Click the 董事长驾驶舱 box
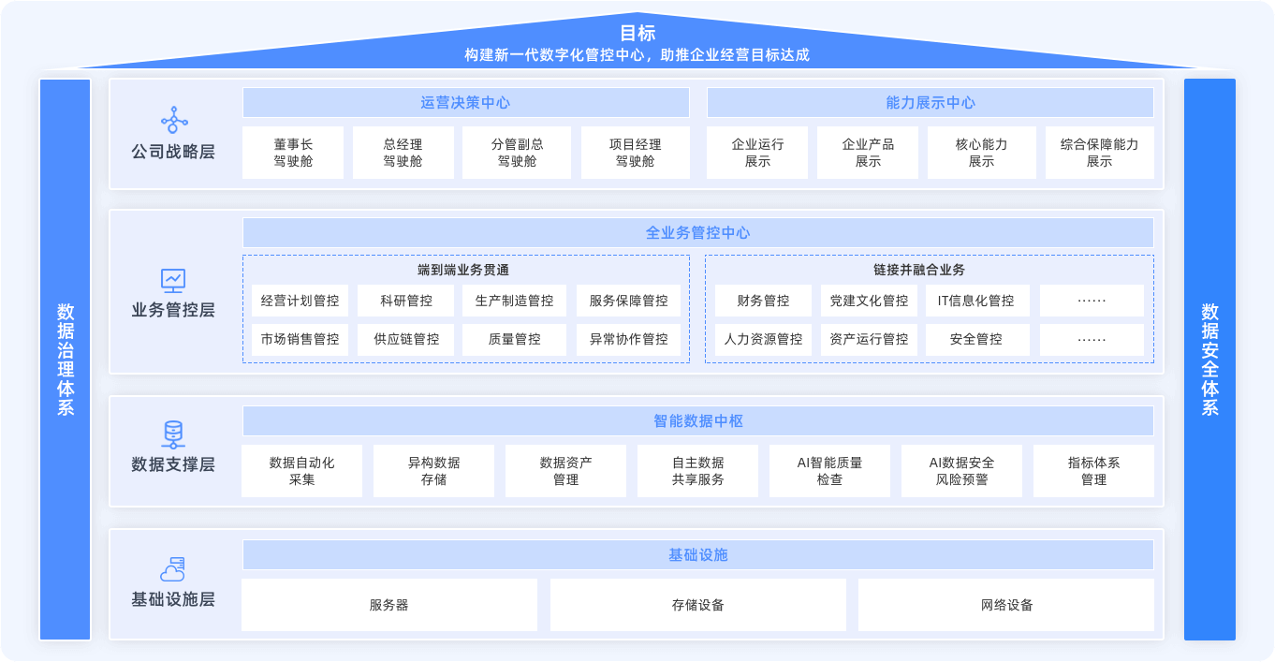pos(293,153)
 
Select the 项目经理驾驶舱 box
pos(635,153)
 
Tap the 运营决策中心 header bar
pos(465,103)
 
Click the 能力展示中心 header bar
pos(930,103)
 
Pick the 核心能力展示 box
pos(981,153)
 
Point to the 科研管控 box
pos(406,301)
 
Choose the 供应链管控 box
pos(406,339)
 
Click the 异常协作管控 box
pos(628,339)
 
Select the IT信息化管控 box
pos(976,301)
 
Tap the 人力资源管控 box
pos(763,339)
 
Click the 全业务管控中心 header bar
pos(697,233)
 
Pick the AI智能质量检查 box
pos(829,471)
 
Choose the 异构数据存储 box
pos(433,471)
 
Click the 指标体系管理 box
pos(1093,471)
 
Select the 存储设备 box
pos(697,605)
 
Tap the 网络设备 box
pos(1006,605)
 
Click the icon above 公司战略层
pos(173,120)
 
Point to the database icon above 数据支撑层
pos(173,434)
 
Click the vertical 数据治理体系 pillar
pos(66,360)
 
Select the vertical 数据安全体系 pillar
pos(1209,360)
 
